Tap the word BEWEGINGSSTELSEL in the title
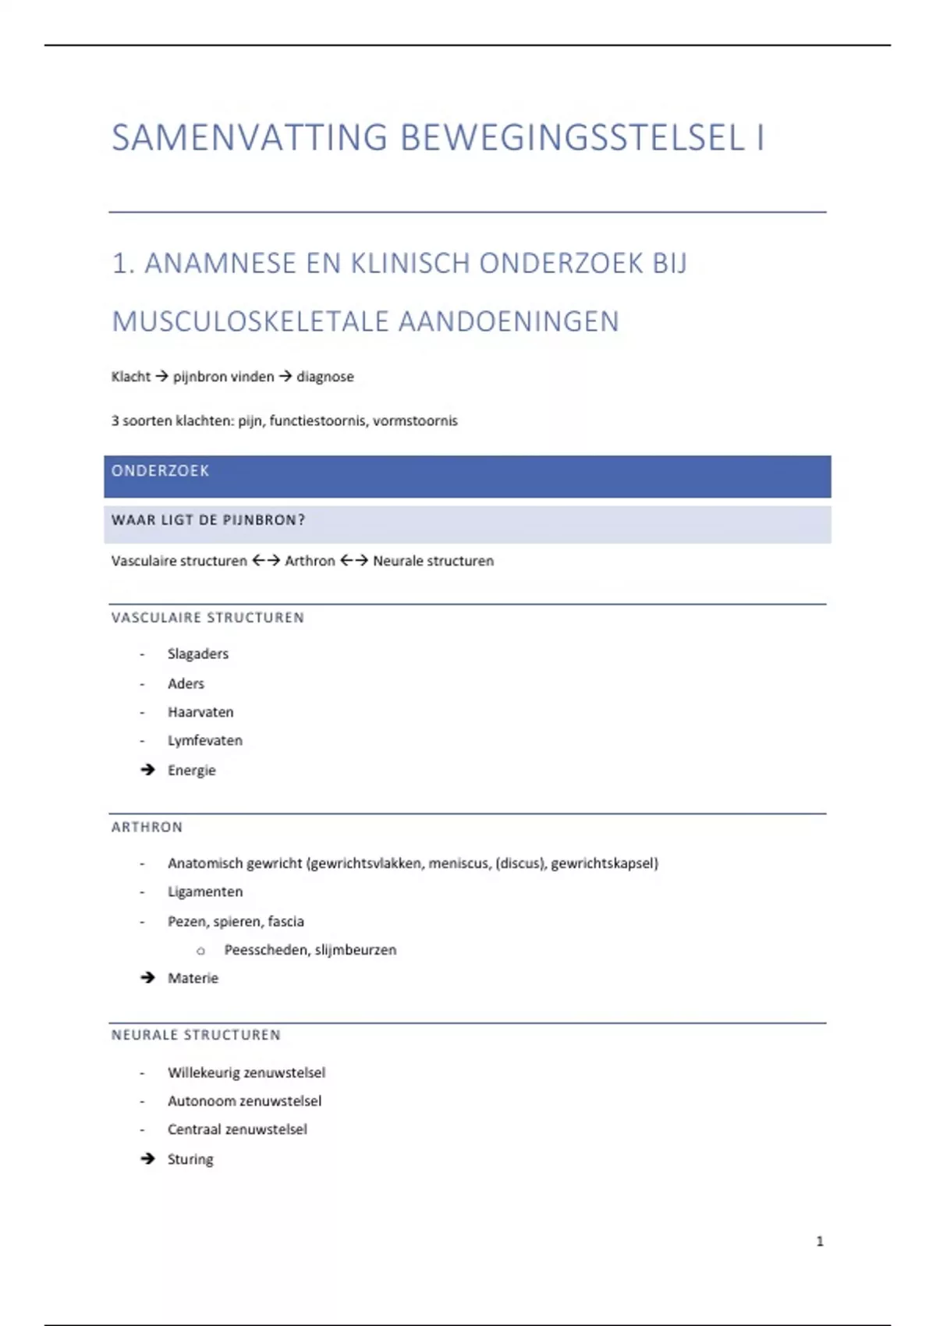coord(573,138)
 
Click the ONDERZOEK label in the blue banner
coord(160,471)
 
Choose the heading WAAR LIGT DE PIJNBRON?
coord(208,520)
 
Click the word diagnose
coord(324,377)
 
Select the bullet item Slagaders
coord(198,654)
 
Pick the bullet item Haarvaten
coord(200,712)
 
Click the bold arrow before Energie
coord(147,770)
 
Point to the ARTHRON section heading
coord(147,827)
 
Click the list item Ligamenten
coord(205,892)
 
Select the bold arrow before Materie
coord(147,978)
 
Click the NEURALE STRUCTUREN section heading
coord(196,1035)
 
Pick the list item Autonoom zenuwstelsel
coord(244,1101)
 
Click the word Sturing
coord(190,1159)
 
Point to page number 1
coord(820,1241)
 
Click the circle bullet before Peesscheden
coord(200,951)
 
